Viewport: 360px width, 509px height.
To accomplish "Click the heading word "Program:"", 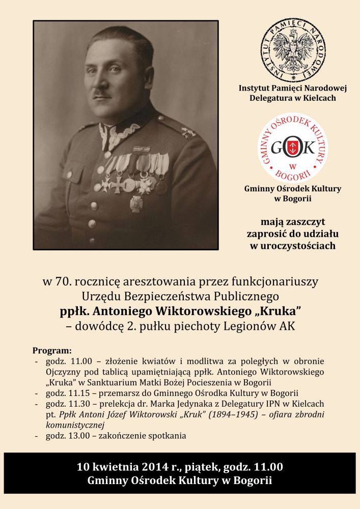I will (x=52, y=351).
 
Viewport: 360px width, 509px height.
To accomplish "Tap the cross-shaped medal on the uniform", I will (x=118, y=184).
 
